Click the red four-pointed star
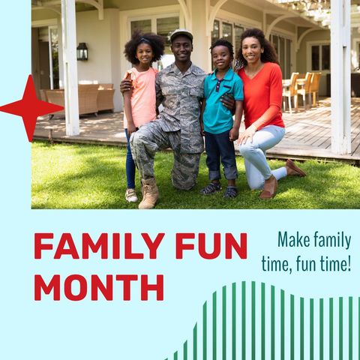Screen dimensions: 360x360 pos(28,108)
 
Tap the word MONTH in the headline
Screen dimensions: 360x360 pos(98,286)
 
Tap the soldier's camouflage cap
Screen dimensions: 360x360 pos(181,34)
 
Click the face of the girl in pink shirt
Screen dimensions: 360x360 pos(145,52)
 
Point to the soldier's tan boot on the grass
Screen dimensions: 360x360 pos(149,193)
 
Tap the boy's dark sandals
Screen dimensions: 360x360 pos(220,190)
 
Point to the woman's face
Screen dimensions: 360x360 pos(251,50)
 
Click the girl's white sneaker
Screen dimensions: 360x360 pos(131,195)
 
